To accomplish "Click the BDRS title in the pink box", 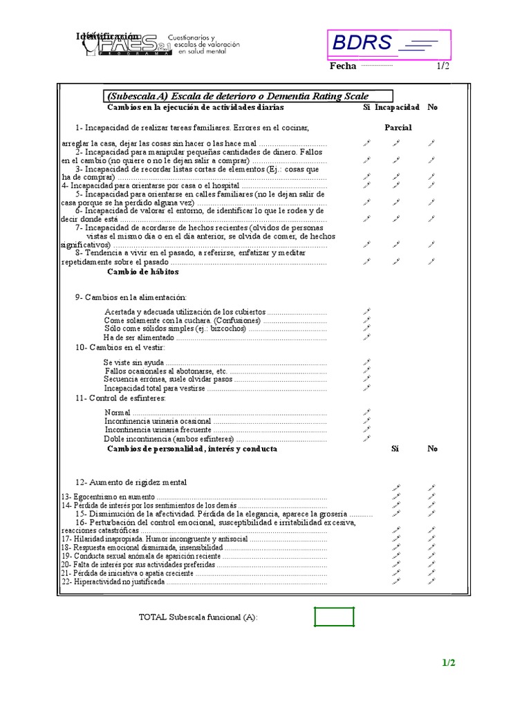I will pyautogui.click(x=363, y=44).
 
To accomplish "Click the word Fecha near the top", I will pyautogui.click(x=343, y=66).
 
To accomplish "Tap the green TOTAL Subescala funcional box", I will pyautogui.click(x=334, y=616).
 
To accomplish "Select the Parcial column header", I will pyautogui.click(x=398, y=128).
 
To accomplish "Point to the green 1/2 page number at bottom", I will pyautogui.click(x=449, y=663).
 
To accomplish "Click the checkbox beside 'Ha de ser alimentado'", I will pyautogui.click(x=367, y=337).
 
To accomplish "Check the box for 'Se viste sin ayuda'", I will pyautogui.click(x=367, y=362).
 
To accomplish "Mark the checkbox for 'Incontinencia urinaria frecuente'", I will pyautogui.click(x=367, y=429).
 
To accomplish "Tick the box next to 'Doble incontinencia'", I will pyautogui.click(x=367, y=438).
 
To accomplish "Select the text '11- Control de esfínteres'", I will pyautogui.click(x=121, y=398).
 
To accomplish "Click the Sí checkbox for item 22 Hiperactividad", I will pyautogui.click(x=396, y=581).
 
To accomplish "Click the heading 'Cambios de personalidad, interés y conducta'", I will pyautogui.click(x=192, y=449).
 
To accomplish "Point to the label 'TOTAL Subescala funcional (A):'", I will pyautogui.click(x=198, y=617).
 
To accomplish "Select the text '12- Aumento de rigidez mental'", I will pyautogui.click(x=131, y=482).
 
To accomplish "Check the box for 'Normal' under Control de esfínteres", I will pyautogui.click(x=367, y=412).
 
